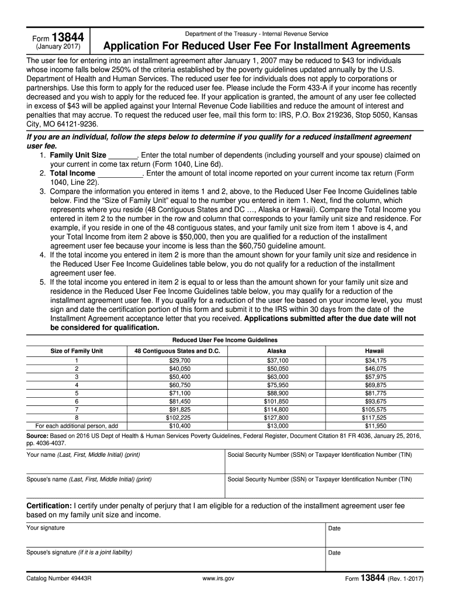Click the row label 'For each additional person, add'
coord(77,426)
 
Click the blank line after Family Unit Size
coord(122,156)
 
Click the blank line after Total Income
coord(119,174)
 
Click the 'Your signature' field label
coord(46,528)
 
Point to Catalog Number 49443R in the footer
coord(60,579)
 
